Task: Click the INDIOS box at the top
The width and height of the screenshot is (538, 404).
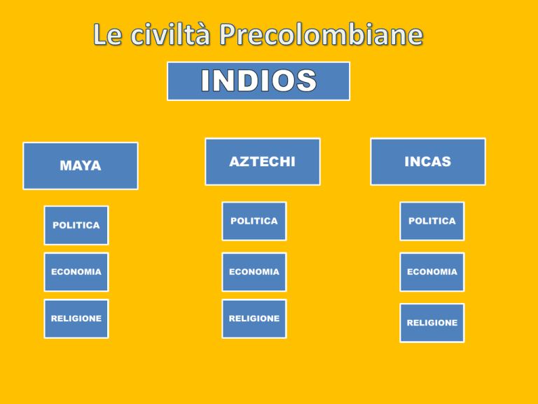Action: pos(258,81)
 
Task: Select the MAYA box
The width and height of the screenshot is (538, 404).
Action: pos(81,166)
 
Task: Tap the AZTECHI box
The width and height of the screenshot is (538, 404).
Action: pos(263,162)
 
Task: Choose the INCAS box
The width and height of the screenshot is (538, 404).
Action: pos(428,162)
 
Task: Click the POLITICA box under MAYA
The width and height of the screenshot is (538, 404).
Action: pos(76,225)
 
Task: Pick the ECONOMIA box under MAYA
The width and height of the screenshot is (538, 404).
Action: pos(76,272)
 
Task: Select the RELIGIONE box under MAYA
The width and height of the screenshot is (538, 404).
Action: pos(76,319)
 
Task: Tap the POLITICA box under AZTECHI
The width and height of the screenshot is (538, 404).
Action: pos(254,221)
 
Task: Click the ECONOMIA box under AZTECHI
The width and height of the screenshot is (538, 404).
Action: pos(254,272)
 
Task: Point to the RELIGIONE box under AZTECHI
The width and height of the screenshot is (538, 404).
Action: pos(254,319)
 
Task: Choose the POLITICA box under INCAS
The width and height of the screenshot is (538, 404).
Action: pos(432,221)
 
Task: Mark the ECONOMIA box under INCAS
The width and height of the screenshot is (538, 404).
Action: pos(432,272)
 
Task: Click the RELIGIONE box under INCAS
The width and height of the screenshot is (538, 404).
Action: pos(432,323)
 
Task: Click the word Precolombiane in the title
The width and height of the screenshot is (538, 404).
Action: pos(322,34)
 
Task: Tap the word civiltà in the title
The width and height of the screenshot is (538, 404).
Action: pos(170,34)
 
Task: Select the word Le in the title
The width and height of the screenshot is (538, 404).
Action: pos(107,34)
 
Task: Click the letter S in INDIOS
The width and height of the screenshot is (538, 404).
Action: pos(306,81)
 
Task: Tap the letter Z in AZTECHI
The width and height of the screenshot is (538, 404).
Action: pos(245,162)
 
